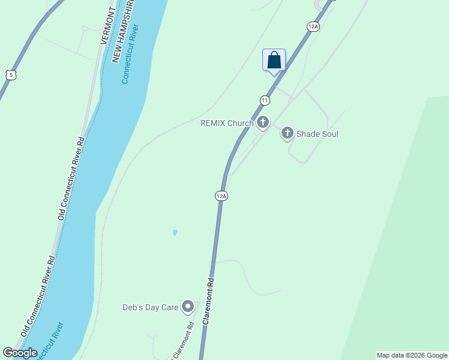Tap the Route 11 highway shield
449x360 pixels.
point(265,100)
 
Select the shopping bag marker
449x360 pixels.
point(274,61)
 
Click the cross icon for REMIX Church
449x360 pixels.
point(262,123)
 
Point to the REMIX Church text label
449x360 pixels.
point(227,124)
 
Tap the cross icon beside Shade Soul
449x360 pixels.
point(288,133)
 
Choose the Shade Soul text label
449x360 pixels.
point(318,134)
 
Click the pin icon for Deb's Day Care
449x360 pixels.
point(188,307)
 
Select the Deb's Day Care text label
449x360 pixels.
point(151,307)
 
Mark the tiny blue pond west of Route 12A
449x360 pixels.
point(175,232)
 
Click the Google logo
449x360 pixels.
point(20,353)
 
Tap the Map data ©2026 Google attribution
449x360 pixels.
point(412,355)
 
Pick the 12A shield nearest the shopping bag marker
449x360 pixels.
point(313,26)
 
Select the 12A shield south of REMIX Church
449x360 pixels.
point(221,196)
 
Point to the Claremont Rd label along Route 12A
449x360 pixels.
point(208,301)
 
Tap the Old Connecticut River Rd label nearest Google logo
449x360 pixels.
point(37,296)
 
